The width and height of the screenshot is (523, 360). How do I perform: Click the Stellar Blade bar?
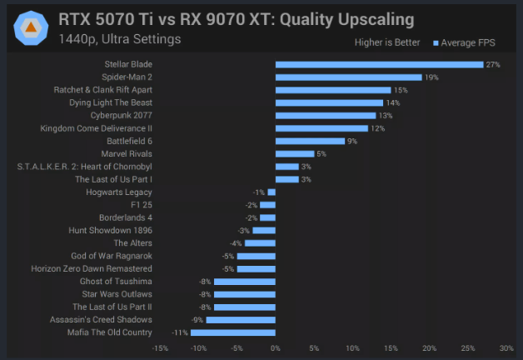pos(379,65)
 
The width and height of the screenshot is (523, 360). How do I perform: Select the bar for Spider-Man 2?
pos(349,77)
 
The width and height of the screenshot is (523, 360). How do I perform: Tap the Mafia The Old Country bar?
pos(233,332)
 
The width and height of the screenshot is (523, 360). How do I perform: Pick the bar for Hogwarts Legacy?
pos(271,192)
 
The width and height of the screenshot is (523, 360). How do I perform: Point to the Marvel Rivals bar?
pos(295,154)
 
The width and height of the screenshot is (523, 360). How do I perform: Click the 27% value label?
pos(493,65)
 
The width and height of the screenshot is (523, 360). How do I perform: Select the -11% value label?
pos(180,332)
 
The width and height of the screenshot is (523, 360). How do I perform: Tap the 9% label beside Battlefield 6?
pos(352,141)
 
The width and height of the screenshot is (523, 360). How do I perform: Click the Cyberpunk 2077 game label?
pos(121,116)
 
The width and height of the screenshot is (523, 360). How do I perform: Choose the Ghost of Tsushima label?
pos(116,282)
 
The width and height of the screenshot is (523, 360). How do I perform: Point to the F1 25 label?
pos(142,205)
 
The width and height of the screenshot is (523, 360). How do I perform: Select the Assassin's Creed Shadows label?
pos(101,320)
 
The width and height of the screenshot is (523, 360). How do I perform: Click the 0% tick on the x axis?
pos(276,348)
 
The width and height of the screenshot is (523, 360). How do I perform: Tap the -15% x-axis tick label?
pos(160,348)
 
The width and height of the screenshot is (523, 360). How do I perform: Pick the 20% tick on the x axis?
pos(429,348)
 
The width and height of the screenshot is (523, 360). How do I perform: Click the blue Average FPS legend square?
pos(436,43)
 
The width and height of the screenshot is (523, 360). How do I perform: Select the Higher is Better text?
pos(387,42)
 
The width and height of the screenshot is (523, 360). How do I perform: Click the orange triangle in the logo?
pos(31,27)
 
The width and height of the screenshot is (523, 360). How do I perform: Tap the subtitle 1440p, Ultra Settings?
pos(120,39)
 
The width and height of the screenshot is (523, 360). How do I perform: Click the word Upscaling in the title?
pos(376,20)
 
